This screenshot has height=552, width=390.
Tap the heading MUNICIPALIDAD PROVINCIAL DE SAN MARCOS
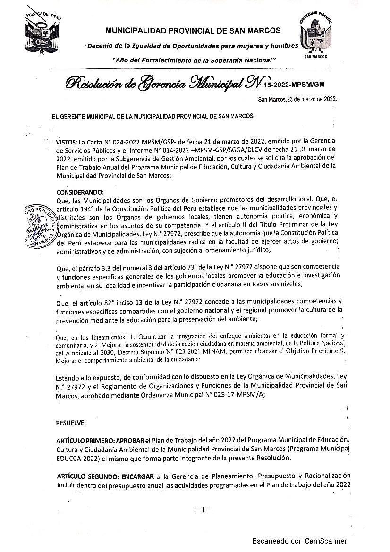(193, 31)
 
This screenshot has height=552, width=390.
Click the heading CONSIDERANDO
(79, 192)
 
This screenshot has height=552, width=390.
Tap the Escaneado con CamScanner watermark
(299, 541)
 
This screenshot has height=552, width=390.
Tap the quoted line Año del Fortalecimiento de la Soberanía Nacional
(194, 60)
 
